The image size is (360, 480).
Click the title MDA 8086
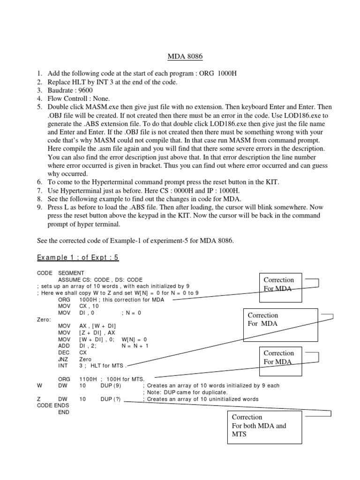coord(185,57)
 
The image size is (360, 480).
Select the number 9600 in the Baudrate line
coord(84,90)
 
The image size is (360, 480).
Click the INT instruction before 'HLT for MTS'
coord(63,366)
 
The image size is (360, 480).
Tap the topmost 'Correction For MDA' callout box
coord(279,284)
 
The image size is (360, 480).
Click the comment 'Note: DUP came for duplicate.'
coord(187,392)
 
